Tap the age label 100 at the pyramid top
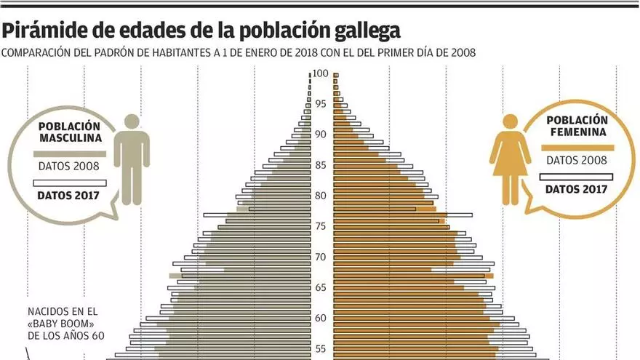[x=321, y=73]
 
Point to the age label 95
[x=321, y=104]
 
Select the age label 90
[x=321, y=135]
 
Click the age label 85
[x=321, y=165]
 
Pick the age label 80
[x=321, y=196]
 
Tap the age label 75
[x=321, y=226]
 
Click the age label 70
[x=321, y=257]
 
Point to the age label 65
[x=321, y=287]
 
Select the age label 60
[x=321, y=318]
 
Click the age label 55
[x=321, y=348]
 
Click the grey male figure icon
[x=132, y=159]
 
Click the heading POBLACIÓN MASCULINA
[x=70, y=131]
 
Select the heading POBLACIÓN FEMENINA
[x=577, y=126]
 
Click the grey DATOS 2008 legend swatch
[x=70, y=153]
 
